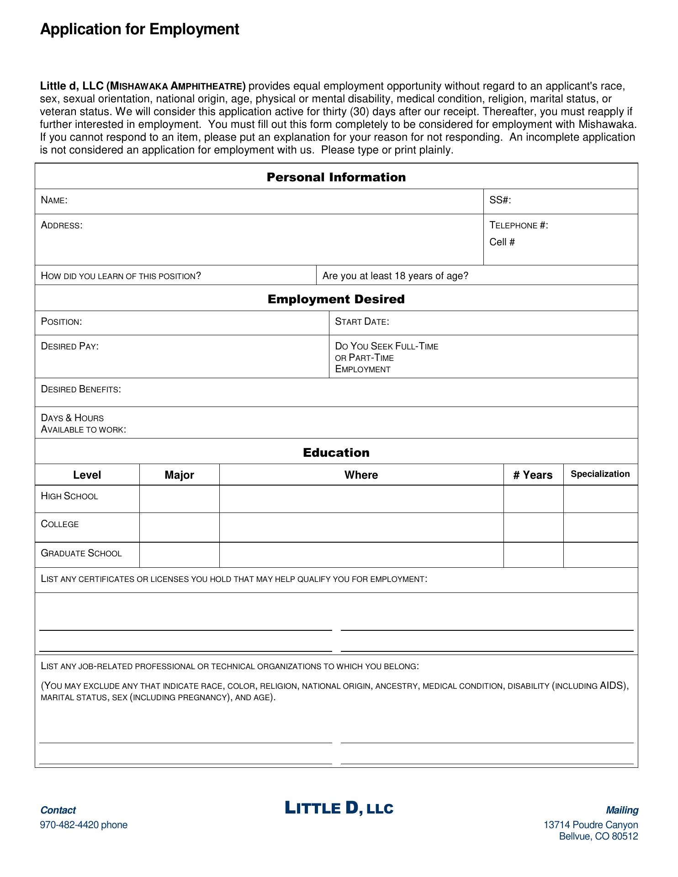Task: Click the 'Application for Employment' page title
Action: (x=139, y=29)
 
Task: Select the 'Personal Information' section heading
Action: (x=336, y=177)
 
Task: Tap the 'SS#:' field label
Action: (x=500, y=200)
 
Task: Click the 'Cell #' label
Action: (x=502, y=242)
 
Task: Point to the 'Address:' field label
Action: (x=62, y=225)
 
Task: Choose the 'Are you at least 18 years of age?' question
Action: (x=395, y=276)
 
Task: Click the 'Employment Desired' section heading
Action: (x=336, y=299)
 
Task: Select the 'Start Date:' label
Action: (x=362, y=322)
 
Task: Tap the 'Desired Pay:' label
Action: (x=70, y=346)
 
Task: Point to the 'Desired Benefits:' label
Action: (x=81, y=389)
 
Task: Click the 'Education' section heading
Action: (x=336, y=453)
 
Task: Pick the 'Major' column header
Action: (x=179, y=475)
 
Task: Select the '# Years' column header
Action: (x=533, y=475)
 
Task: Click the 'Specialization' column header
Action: (x=600, y=474)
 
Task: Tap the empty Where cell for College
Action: (x=361, y=528)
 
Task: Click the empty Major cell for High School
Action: (x=179, y=499)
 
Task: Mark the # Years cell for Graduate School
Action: (x=533, y=555)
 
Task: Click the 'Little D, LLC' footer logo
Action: (x=339, y=808)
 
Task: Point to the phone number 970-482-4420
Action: (x=84, y=825)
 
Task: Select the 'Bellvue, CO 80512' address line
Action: (x=598, y=836)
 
